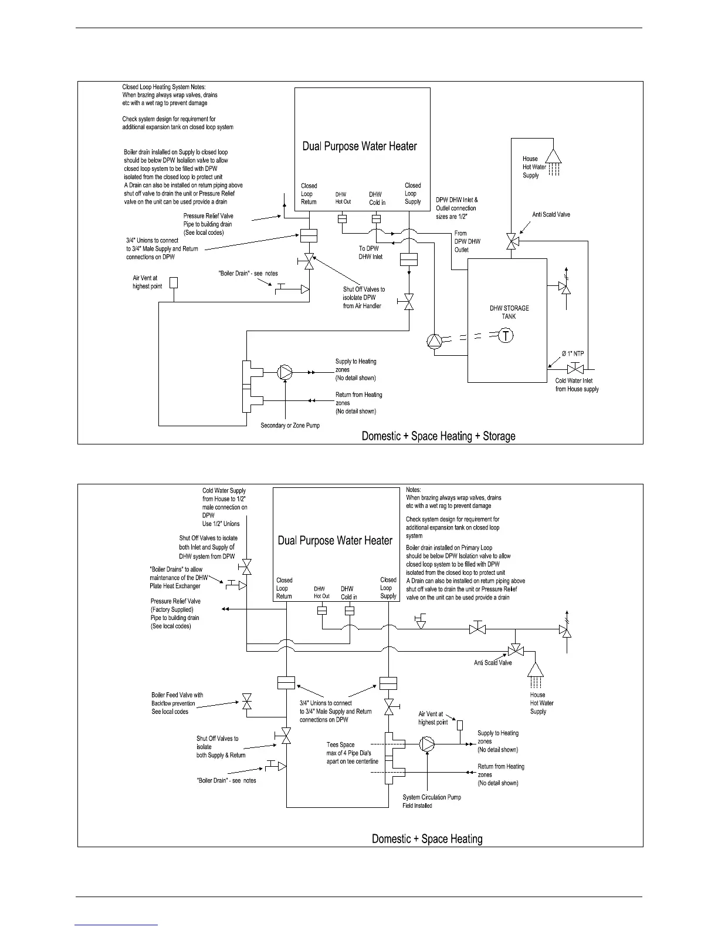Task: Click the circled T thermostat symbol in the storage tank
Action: coord(506,336)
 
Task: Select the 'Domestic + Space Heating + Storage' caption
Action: coord(438,436)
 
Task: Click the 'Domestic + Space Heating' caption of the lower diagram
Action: coord(427,839)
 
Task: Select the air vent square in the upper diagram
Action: coord(173,282)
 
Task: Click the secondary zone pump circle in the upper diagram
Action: coord(285,372)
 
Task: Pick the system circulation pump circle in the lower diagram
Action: coord(428,744)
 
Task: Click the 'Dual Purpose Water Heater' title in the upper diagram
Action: coord(360,146)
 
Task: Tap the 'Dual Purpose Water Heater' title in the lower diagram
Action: coord(335,541)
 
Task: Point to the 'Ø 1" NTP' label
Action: coord(573,353)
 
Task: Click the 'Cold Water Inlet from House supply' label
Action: coord(577,385)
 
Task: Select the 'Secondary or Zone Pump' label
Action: coord(290,425)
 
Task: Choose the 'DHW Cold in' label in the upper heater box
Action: coord(377,198)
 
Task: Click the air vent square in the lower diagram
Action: coord(460,725)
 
